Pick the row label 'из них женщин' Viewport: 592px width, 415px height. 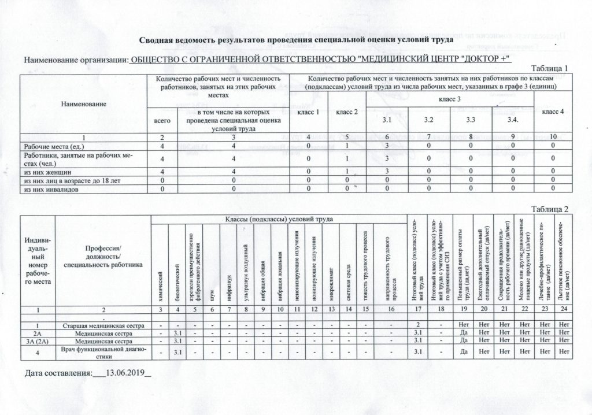tap(47, 172)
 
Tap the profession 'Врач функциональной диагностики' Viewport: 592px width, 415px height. tap(102, 351)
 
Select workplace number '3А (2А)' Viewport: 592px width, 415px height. tap(38, 342)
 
